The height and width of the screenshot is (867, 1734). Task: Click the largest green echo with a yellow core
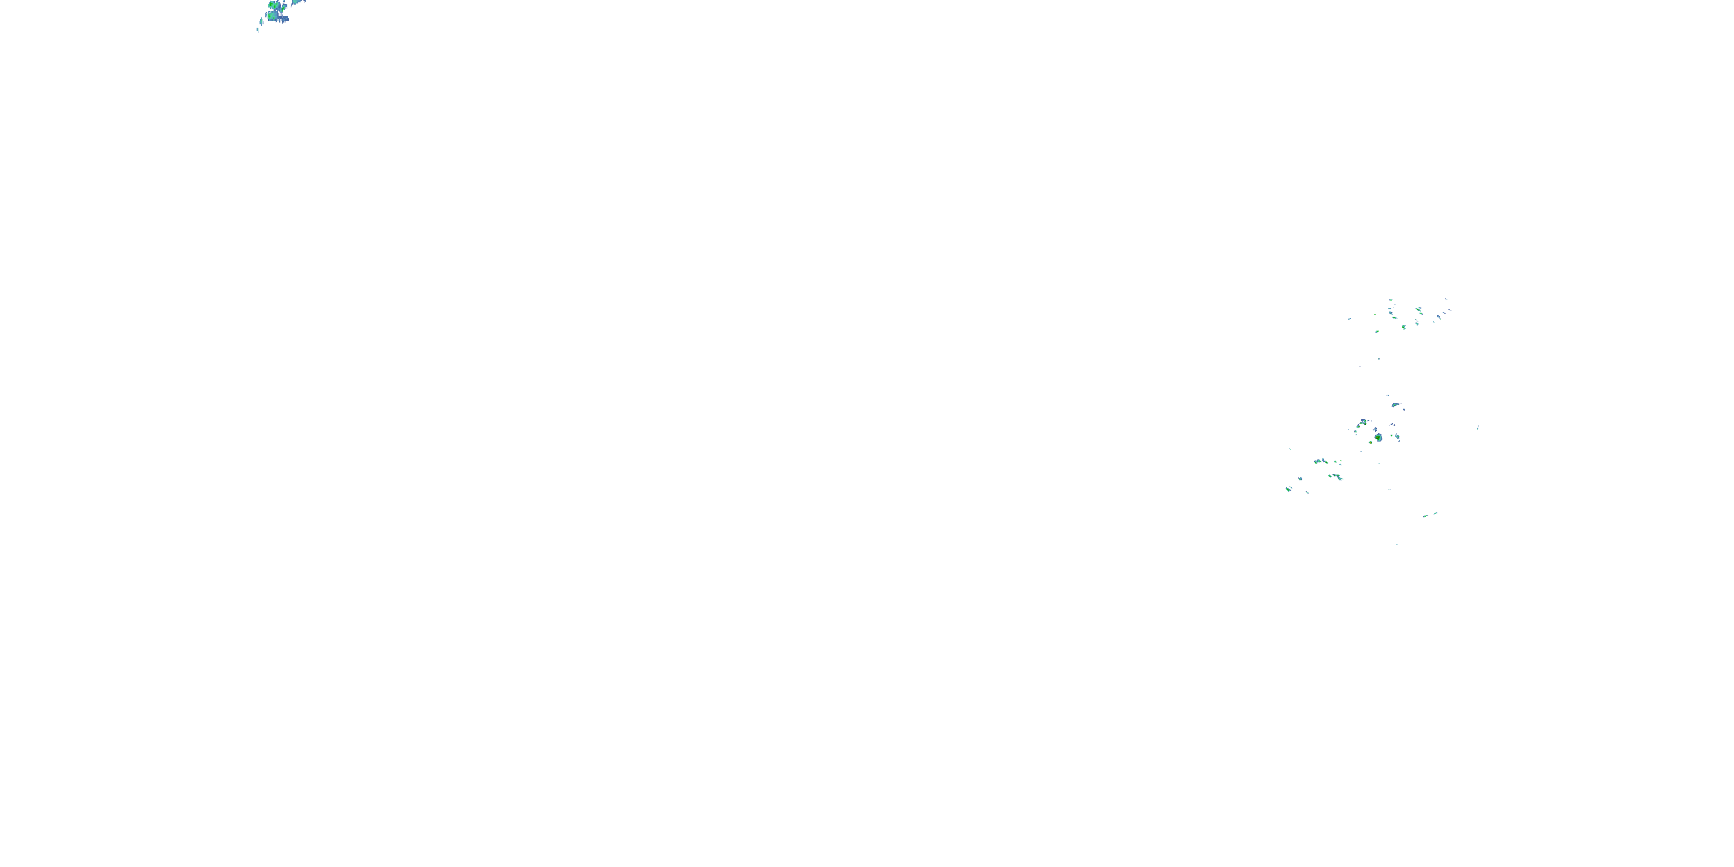click(x=1378, y=438)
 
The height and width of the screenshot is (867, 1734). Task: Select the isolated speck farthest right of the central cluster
click(x=1477, y=428)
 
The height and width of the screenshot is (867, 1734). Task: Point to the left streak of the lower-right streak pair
click(x=1426, y=516)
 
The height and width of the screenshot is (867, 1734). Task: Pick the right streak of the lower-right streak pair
click(x=1435, y=513)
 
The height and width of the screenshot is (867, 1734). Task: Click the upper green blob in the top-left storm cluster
click(x=273, y=5)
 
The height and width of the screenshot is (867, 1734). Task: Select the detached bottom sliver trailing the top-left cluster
click(x=258, y=29)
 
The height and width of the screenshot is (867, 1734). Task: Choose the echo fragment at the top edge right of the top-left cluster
click(x=296, y=2)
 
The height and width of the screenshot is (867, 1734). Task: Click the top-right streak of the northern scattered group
click(x=1446, y=299)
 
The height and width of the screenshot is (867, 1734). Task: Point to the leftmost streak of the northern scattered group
click(x=1349, y=319)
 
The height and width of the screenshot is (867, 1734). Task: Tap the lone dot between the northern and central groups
click(x=1378, y=359)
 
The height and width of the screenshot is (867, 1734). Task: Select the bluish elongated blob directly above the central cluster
click(x=1396, y=405)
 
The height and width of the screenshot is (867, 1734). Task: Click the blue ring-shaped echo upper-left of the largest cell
click(x=1364, y=423)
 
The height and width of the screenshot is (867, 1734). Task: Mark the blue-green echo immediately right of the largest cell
click(x=1398, y=437)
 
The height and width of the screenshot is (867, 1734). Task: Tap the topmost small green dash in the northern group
click(x=1391, y=300)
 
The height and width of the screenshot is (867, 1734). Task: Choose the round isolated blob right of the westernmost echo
click(x=1300, y=479)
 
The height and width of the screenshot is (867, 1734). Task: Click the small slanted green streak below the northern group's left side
click(x=1377, y=331)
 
